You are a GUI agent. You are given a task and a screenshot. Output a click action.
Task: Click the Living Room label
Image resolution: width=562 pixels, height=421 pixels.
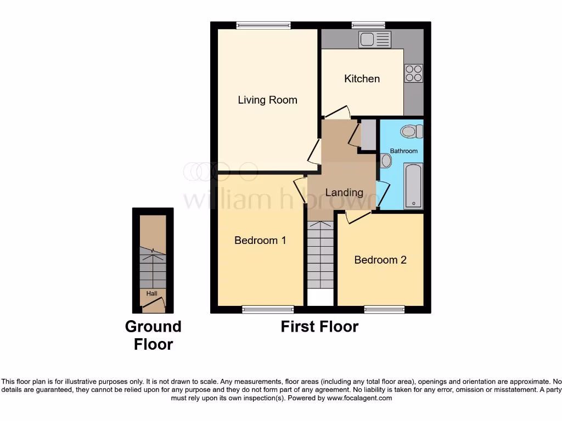tap(267, 100)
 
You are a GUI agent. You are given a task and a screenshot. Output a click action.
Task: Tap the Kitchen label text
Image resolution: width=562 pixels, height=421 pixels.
tap(362, 78)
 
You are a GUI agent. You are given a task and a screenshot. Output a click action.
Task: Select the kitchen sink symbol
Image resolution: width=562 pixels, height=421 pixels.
tap(375, 39)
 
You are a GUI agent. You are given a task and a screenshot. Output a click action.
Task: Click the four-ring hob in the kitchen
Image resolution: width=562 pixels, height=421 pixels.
tap(414, 73)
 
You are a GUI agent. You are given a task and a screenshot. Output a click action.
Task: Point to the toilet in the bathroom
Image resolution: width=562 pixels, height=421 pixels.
tap(411, 131)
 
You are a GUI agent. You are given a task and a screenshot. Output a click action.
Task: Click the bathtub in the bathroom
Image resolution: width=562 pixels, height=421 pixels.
tap(413, 186)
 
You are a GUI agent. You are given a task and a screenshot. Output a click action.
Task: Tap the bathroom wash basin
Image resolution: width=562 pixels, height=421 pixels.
tap(386, 161)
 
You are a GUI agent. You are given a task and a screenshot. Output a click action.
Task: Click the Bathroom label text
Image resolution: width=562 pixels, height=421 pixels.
tap(403, 151)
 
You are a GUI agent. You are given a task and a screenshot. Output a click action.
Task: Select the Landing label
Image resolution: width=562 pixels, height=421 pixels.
tap(344, 192)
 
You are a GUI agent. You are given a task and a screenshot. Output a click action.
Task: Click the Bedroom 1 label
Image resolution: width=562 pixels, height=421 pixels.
tap(260, 240)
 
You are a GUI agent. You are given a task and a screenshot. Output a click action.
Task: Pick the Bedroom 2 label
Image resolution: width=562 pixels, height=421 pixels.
tap(380, 260)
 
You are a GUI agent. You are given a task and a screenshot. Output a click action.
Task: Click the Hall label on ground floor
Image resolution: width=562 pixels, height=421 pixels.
tap(151, 294)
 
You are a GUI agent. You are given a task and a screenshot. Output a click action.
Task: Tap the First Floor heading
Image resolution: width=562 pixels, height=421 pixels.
tap(319, 327)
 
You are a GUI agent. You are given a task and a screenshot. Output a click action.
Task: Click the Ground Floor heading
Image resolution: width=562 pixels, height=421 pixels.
tap(153, 335)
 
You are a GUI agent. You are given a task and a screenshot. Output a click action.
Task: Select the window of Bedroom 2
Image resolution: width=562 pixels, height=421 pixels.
tap(384, 310)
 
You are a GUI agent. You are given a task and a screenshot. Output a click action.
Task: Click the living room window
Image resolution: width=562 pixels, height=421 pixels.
tap(263, 25)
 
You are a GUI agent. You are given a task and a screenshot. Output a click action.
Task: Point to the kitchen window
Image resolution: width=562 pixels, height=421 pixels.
tap(368, 25)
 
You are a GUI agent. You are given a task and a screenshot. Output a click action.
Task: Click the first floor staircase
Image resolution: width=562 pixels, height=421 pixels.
tap(320, 255)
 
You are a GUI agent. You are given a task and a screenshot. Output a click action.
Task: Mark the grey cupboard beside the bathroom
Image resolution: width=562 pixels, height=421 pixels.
tap(368, 134)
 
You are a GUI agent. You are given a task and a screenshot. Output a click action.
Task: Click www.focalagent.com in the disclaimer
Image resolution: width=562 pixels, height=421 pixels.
tap(359, 398)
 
